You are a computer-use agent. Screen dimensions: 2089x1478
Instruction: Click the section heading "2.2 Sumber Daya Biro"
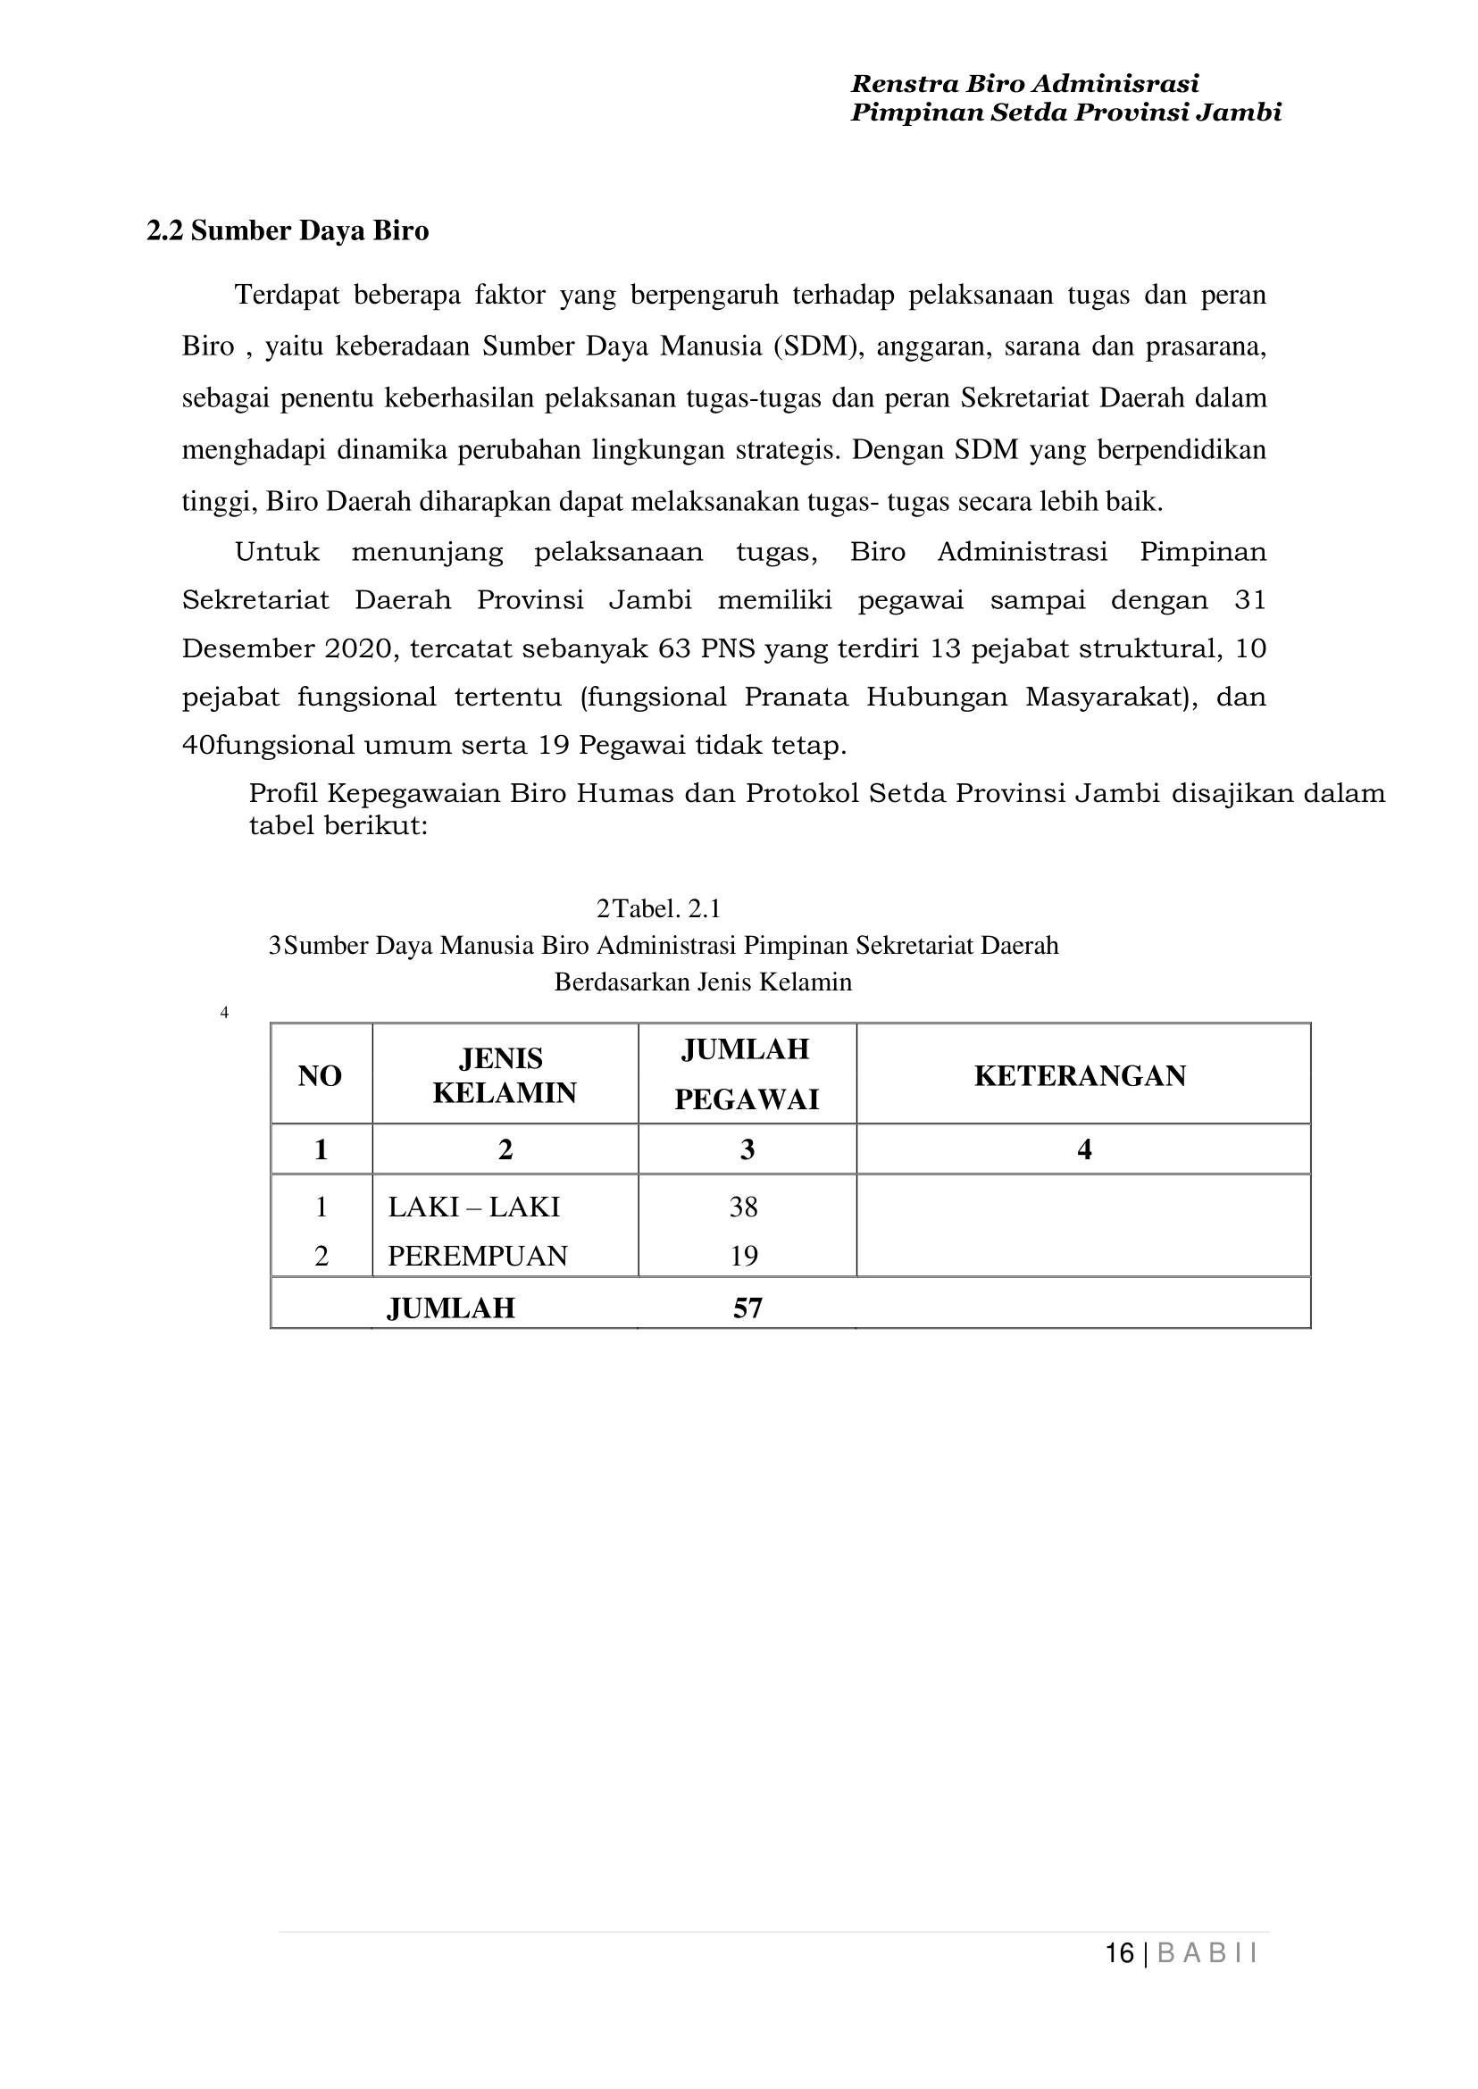[288, 231]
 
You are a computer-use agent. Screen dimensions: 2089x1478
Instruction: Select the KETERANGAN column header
[1081, 1076]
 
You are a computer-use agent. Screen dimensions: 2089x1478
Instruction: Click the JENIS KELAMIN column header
[504, 1075]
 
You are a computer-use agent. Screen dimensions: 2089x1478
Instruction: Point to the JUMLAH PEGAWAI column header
[747, 1074]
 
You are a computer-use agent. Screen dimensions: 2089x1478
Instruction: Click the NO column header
[320, 1076]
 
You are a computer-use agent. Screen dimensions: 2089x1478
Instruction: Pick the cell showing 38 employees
[744, 1207]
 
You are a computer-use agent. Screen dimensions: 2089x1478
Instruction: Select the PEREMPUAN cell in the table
[477, 1256]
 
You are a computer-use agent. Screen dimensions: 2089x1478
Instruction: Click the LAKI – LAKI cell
[473, 1207]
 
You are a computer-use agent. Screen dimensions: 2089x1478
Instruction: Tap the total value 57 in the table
[747, 1308]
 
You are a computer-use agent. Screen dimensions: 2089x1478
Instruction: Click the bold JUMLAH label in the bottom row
[450, 1308]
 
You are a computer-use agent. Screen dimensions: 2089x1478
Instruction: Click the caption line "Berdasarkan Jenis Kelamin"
[703, 982]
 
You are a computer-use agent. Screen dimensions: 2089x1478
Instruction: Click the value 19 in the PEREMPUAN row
[744, 1256]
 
